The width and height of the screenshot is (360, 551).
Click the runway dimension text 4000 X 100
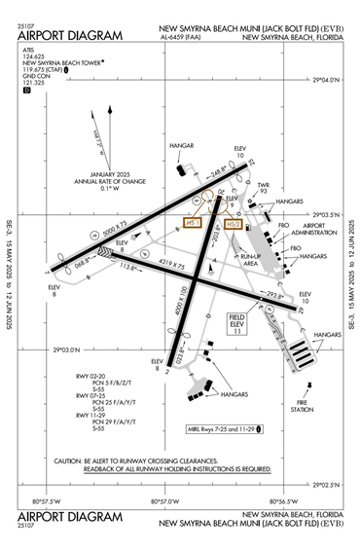coord(180,310)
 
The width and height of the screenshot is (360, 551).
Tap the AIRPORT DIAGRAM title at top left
coord(70,36)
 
